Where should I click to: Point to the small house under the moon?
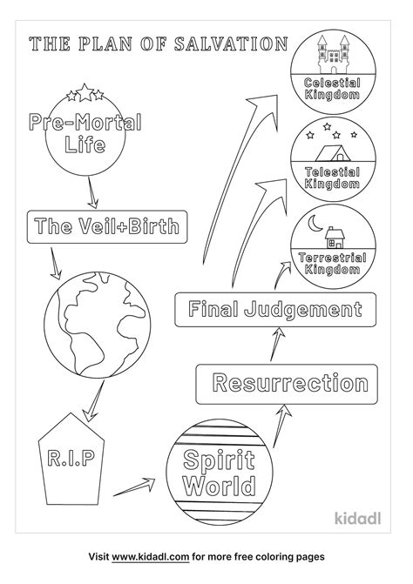click(x=335, y=237)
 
